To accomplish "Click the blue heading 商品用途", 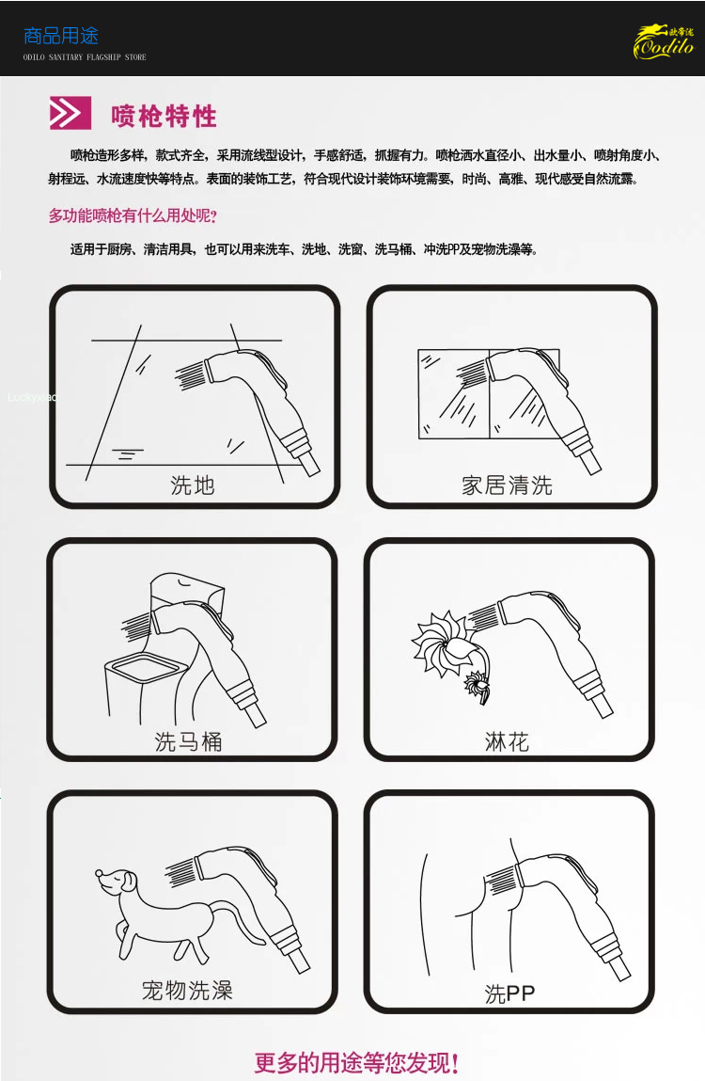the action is pyautogui.click(x=61, y=36).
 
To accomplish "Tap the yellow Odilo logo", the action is pyautogui.click(x=664, y=42).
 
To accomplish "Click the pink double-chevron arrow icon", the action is pyautogui.click(x=70, y=113).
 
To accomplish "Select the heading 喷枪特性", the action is pyautogui.click(x=164, y=116).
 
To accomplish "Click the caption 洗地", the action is pyautogui.click(x=193, y=485).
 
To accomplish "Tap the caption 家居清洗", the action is pyautogui.click(x=507, y=485).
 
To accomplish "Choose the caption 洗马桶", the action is pyautogui.click(x=188, y=741).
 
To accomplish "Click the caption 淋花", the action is pyautogui.click(x=507, y=741).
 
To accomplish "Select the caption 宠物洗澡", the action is pyautogui.click(x=187, y=990).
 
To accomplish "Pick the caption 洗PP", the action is pyautogui.click(x=509, y=994).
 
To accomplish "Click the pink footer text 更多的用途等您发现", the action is pyautogui.click(x=356, y=1062).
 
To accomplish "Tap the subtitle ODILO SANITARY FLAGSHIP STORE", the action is pyautogui.click(x=85, y=57).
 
